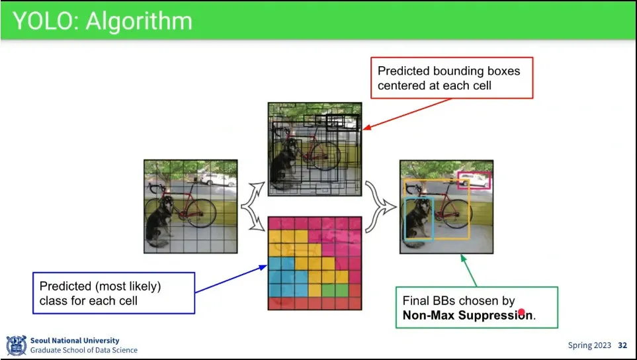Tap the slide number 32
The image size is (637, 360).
pyautogui.click(x=622, y=345)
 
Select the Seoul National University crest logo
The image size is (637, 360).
pyautogui.click(x=16, y=345)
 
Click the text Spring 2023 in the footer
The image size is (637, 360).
pyautogui.click(x=589, y=345)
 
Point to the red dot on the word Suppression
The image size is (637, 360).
pyautogui.click(x=521, y=312)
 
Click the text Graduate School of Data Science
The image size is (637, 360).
pyautogui.click(x=84, y=350)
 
